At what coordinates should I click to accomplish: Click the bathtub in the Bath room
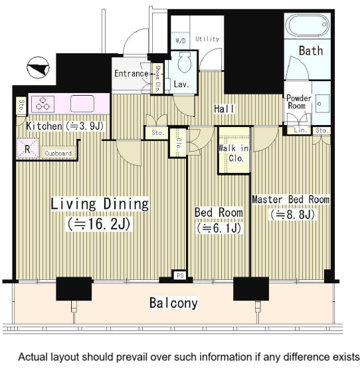coord(307,25)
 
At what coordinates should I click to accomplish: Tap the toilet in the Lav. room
coord(185,62)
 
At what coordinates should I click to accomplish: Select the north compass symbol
coord(38,68)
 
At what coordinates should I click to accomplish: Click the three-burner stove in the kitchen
coord(43,104)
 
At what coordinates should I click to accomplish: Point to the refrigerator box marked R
coord(28,148)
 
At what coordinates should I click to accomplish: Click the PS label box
coord(180,275)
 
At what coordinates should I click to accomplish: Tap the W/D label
coord(181,41)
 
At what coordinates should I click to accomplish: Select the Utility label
coord(207,39)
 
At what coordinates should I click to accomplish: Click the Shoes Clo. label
coord(157,79)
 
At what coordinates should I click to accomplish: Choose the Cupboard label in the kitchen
coord(58,154)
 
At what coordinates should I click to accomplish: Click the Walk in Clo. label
coord(234,153)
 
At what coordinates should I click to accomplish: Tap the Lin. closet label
coord(300,130)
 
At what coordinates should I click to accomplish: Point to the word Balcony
coord(173,303)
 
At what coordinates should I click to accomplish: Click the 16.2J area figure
coord(99,224)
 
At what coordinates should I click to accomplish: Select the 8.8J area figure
coord(292,215)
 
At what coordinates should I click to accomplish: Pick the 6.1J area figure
coord(219,228)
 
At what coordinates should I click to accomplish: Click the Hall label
coord(224,109)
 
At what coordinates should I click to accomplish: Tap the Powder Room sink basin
coord(323,104)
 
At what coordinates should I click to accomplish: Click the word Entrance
coord(132,73)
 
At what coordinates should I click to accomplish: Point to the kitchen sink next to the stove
coord(82,104)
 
